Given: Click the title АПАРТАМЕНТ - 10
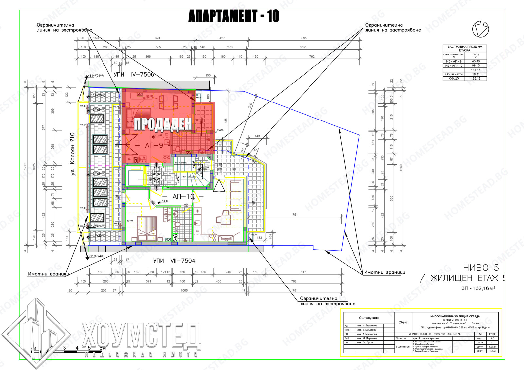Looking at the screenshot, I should pos(234,16).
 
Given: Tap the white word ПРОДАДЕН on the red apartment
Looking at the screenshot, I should pos(163,124).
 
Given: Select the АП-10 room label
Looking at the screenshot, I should pos(183,196).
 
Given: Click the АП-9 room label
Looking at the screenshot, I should pos(154,145).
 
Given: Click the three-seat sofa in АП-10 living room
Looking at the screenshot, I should pos(235,192).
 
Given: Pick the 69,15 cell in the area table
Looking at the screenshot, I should pos(476,65).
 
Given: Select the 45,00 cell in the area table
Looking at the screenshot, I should pos(476,61).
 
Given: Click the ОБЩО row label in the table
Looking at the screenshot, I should pos(454,79).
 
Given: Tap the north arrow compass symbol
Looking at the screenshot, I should pos(480,29).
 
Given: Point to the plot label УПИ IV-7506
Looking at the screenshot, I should pos(134,75).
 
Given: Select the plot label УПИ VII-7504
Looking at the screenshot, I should pos(174,261).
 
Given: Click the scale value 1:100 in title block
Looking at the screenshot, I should pos(492,334).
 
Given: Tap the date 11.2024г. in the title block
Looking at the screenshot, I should pos(492,347).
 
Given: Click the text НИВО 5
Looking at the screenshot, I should pos(481,268).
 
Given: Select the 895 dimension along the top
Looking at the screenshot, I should pos(304,38).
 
